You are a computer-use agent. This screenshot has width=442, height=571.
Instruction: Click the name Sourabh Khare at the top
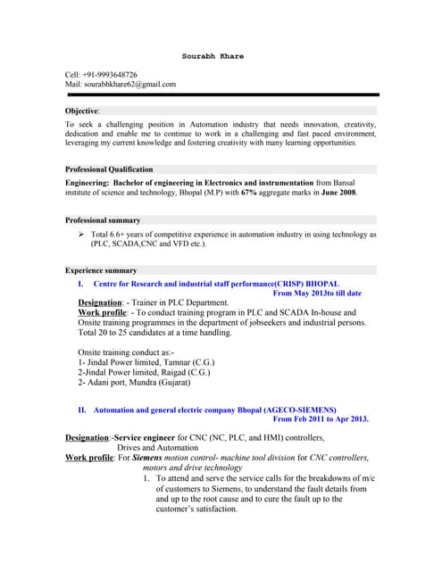coord(213,56)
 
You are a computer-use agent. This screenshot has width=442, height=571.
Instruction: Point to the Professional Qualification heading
coord(109,170)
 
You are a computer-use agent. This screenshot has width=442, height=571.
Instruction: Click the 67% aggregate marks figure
coord(247,191)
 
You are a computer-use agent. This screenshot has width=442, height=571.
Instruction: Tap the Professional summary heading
coord(103,220)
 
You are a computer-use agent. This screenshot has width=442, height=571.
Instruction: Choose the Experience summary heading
coord(101,270)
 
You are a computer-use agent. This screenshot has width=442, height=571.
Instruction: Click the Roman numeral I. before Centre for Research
coord(81,283)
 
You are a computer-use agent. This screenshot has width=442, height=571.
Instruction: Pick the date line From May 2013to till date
coord(316,293)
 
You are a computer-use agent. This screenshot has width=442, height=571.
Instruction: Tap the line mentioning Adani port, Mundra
coord(134,383)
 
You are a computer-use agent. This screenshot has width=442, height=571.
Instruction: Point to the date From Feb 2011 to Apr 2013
coord(320,418)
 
